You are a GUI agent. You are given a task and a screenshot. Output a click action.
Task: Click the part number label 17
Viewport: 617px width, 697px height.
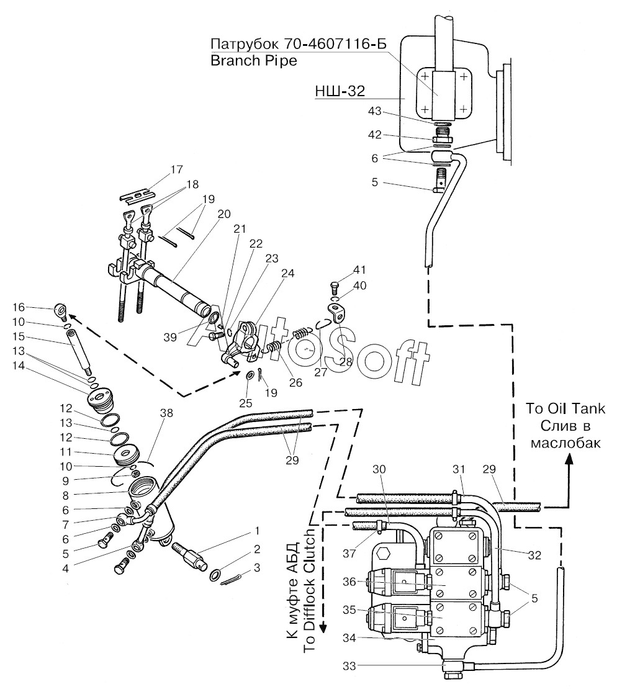click(176, 169)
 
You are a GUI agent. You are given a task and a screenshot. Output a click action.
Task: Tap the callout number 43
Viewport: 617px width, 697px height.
click(375, 111)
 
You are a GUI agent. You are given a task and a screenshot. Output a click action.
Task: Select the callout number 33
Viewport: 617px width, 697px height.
click(349, 666)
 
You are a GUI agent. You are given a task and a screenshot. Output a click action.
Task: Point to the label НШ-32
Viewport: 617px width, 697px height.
click(340, 91)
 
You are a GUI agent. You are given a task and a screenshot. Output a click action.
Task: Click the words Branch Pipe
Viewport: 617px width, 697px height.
click(253, 60)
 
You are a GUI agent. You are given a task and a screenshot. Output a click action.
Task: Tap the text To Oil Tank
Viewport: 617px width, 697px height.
click(565, 408)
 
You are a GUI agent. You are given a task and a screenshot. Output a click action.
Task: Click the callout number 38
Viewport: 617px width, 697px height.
click(167, 413)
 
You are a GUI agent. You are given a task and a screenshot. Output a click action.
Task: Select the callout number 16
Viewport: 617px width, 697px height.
click(19, 307)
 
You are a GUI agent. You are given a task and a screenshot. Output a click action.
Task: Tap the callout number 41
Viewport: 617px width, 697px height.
click(359, 270)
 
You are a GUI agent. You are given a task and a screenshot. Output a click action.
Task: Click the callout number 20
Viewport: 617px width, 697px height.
click(224, 214)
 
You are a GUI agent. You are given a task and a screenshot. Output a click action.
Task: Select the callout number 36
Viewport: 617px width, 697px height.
click(349, 582)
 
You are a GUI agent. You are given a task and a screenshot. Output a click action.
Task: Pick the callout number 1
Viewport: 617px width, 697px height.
click(257, 531)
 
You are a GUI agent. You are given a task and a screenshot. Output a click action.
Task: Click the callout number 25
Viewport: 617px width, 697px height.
click(245, 403)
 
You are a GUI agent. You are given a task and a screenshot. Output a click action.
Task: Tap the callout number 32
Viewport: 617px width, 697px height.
click(534, 555)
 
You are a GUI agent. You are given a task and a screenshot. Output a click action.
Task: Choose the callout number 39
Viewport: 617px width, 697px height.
click(170, 338)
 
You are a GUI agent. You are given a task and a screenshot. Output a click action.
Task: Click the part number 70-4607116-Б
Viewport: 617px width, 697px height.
click(333, 44)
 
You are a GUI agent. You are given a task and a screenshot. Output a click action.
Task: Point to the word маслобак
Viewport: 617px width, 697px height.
click(565, 443)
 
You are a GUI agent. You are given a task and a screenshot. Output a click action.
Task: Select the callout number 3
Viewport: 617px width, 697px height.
click(257, 568)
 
